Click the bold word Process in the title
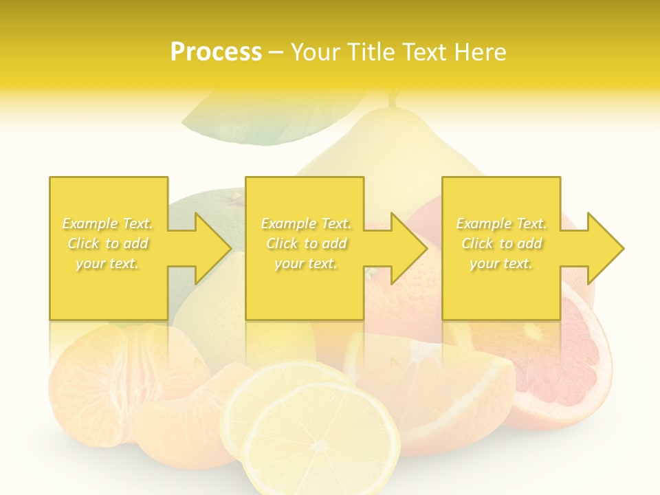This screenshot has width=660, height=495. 216,52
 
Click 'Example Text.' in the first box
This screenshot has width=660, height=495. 107,223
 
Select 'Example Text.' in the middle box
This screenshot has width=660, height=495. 306,223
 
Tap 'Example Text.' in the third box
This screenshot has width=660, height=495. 501,223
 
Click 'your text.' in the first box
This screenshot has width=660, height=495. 107,263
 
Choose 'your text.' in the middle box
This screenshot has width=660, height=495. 306,263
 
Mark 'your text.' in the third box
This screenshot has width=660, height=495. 501,263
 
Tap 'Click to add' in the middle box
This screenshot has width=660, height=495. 306,243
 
